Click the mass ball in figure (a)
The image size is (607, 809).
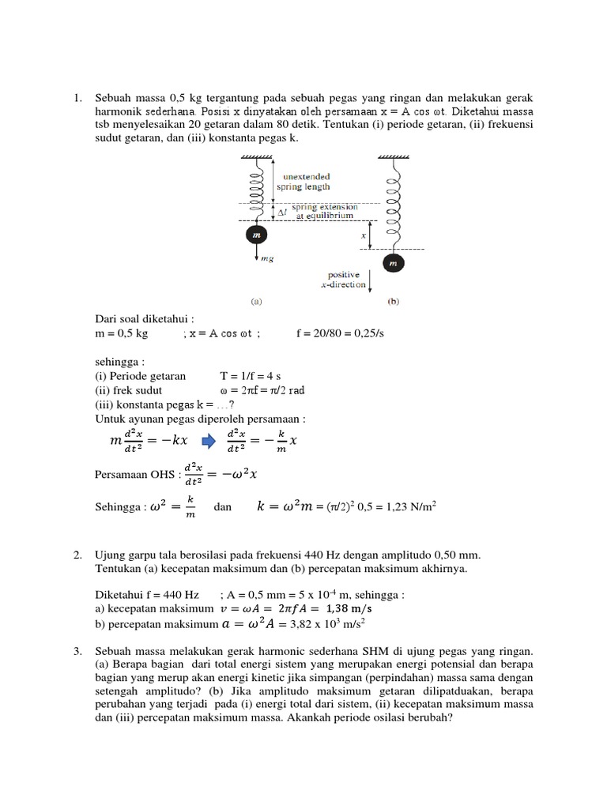click(x=256, y=235)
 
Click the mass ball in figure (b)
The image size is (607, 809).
click(x=391, y=262)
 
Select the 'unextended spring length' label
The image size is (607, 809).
click(x=303, y=182)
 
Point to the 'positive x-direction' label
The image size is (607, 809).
click(x=344, y=280)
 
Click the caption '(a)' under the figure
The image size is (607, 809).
click(x=256, y=301)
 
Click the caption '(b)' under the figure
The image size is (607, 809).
click(x=392, y=301)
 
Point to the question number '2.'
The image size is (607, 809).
click(x=78, y=555)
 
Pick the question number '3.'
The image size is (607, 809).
click(x=78, y=651)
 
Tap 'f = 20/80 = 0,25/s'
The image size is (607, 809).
click(x=340, y=333)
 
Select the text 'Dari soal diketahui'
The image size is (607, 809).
click(x=143, y=319)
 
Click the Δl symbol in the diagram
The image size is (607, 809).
click(x=282, y=212)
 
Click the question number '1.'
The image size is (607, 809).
click(x=78, y=98)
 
